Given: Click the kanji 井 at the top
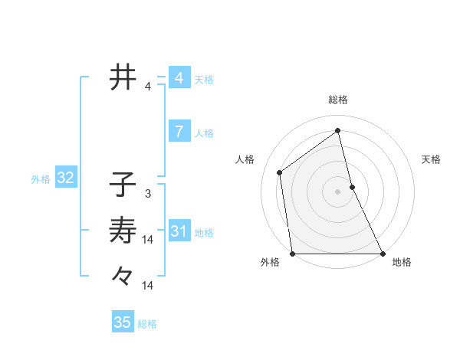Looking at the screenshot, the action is point(123,77).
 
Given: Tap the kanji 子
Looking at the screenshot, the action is point(123,184).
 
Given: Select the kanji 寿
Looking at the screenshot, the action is point(123,229).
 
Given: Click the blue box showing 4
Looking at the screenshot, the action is point(179,78).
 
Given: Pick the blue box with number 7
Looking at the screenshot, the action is point(179,132).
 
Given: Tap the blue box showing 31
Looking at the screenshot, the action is point(179,231).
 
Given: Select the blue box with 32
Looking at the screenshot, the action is point(66,178).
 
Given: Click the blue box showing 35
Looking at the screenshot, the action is point(123,322).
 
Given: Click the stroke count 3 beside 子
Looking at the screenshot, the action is point(148,194).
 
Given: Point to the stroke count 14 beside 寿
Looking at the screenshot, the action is point(148,240).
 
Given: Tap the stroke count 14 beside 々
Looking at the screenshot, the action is point(148,286).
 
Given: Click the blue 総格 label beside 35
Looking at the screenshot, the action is point(147,324).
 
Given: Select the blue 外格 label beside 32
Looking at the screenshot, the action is point(41,179).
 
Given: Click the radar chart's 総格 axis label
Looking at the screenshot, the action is point(338,100).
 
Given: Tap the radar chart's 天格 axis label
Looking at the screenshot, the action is point(432,159).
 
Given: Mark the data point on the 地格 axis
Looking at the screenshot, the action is point(383,254).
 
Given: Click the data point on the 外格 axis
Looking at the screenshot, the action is point(293,254).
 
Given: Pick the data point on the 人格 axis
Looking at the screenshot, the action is point(280,172).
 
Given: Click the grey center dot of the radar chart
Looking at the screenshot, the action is point(338,191).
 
